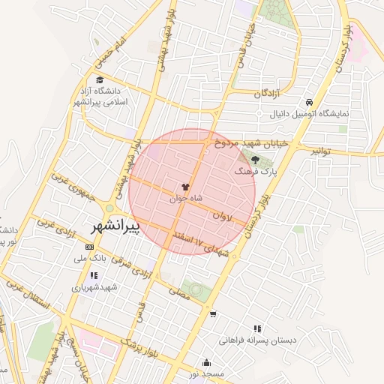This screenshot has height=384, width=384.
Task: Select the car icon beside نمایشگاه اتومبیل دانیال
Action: click(308, 103)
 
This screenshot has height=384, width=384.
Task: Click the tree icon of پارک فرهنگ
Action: click(255, 160)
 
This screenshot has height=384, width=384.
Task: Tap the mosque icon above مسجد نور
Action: click(207, 362)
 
